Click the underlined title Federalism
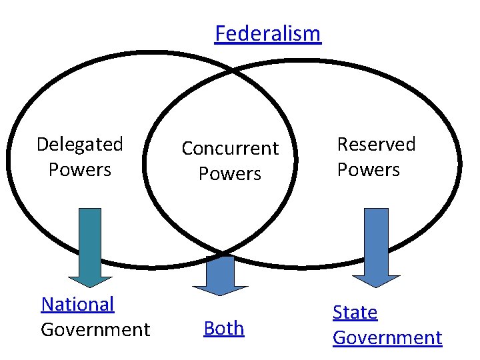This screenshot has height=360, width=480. click(x=267, y=33)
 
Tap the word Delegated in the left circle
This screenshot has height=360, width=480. click(x=80, y=144)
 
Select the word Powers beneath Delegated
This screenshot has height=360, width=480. click(x=80, y=169)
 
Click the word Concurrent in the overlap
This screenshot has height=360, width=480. click(x=230, y=148)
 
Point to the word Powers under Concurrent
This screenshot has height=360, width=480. click(x=230, y=173)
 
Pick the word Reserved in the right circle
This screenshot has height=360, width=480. click(x=376, y=144)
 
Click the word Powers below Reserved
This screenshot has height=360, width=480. click(x=368, y=169)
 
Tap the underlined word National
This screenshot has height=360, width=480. click(x=77, y=304)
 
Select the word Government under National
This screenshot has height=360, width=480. click(x=95, y=329)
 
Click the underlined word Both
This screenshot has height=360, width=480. click(x=224, y=328)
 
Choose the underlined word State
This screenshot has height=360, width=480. click(x=355, y=312)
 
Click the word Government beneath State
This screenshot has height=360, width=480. click(x=387, y=337)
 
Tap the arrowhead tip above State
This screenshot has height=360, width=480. click(x=377, y=287)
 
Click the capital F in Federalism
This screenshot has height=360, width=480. click(x=221, y=33)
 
